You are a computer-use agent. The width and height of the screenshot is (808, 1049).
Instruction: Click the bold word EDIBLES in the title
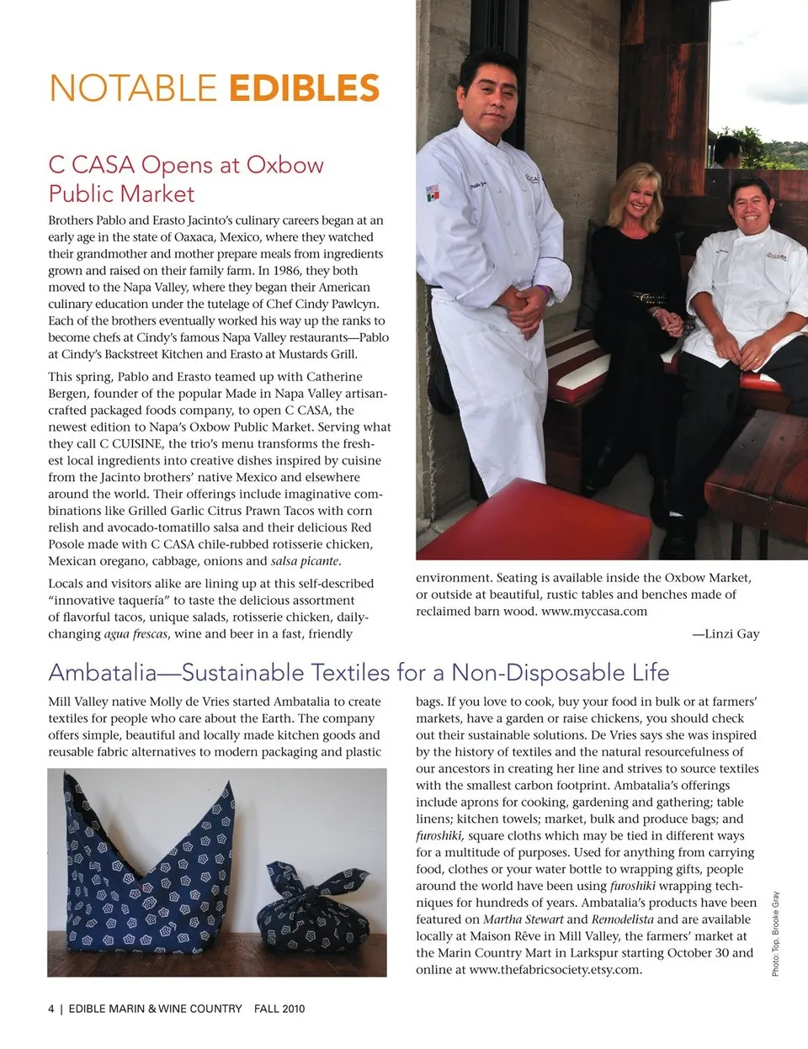(304, 88)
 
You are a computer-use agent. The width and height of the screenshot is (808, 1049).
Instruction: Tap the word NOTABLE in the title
(133, 88)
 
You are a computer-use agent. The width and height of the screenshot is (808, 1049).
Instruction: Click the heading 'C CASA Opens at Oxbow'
(186, 164)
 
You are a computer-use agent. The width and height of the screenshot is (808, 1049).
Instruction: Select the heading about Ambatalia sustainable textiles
(359, 672)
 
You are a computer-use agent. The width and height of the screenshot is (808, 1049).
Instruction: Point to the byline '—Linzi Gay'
(726, 633)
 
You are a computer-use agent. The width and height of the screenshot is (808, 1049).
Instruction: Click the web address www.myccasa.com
(594, 612)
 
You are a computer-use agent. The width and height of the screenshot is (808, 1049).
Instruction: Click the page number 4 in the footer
(51, 1009)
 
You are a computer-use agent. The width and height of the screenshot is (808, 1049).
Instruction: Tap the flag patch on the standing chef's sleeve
(433, 191)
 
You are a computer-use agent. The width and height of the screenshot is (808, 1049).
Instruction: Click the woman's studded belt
(646, 297)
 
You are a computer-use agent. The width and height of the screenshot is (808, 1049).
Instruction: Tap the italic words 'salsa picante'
(305, 561)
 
